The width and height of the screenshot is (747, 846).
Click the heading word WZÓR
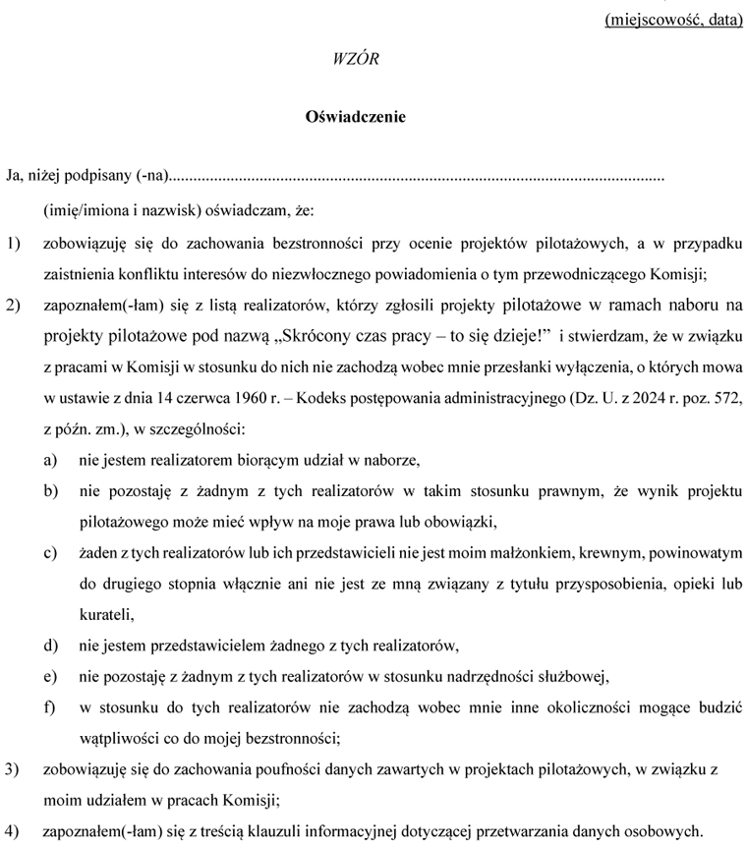tap(356, 59)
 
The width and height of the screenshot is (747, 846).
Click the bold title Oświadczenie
tap(356, 117)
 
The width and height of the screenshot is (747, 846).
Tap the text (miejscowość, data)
tap(673, 19)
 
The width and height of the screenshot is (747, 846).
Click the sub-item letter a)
tap(49, 460)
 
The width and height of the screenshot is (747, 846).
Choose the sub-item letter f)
tap(48, 707)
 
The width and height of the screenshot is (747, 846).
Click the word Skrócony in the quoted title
tap(320, 338)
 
